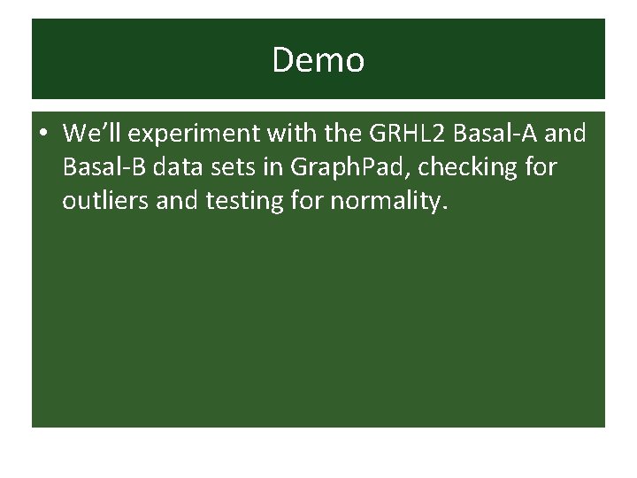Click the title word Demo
(318, 60)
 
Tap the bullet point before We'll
(43, 135)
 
